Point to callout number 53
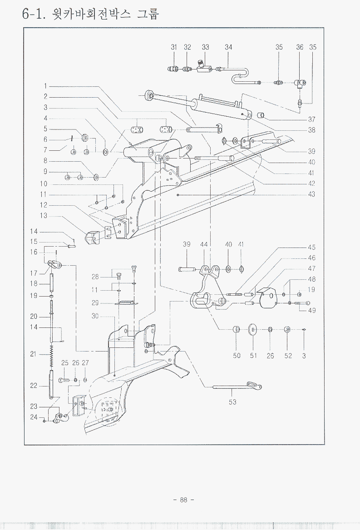coord(232,402)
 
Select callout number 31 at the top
coord(174,47)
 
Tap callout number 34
coord(228,47)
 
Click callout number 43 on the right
coord(311,194)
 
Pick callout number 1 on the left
coord(46,86)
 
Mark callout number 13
coord(44,216)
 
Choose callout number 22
coord(34,386)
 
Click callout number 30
coord(95,317)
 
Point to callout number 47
coord(311,268)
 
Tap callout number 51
coord(253,356)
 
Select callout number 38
coord(311,130)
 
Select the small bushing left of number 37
coord(261,115)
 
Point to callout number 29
coord(95,303)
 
